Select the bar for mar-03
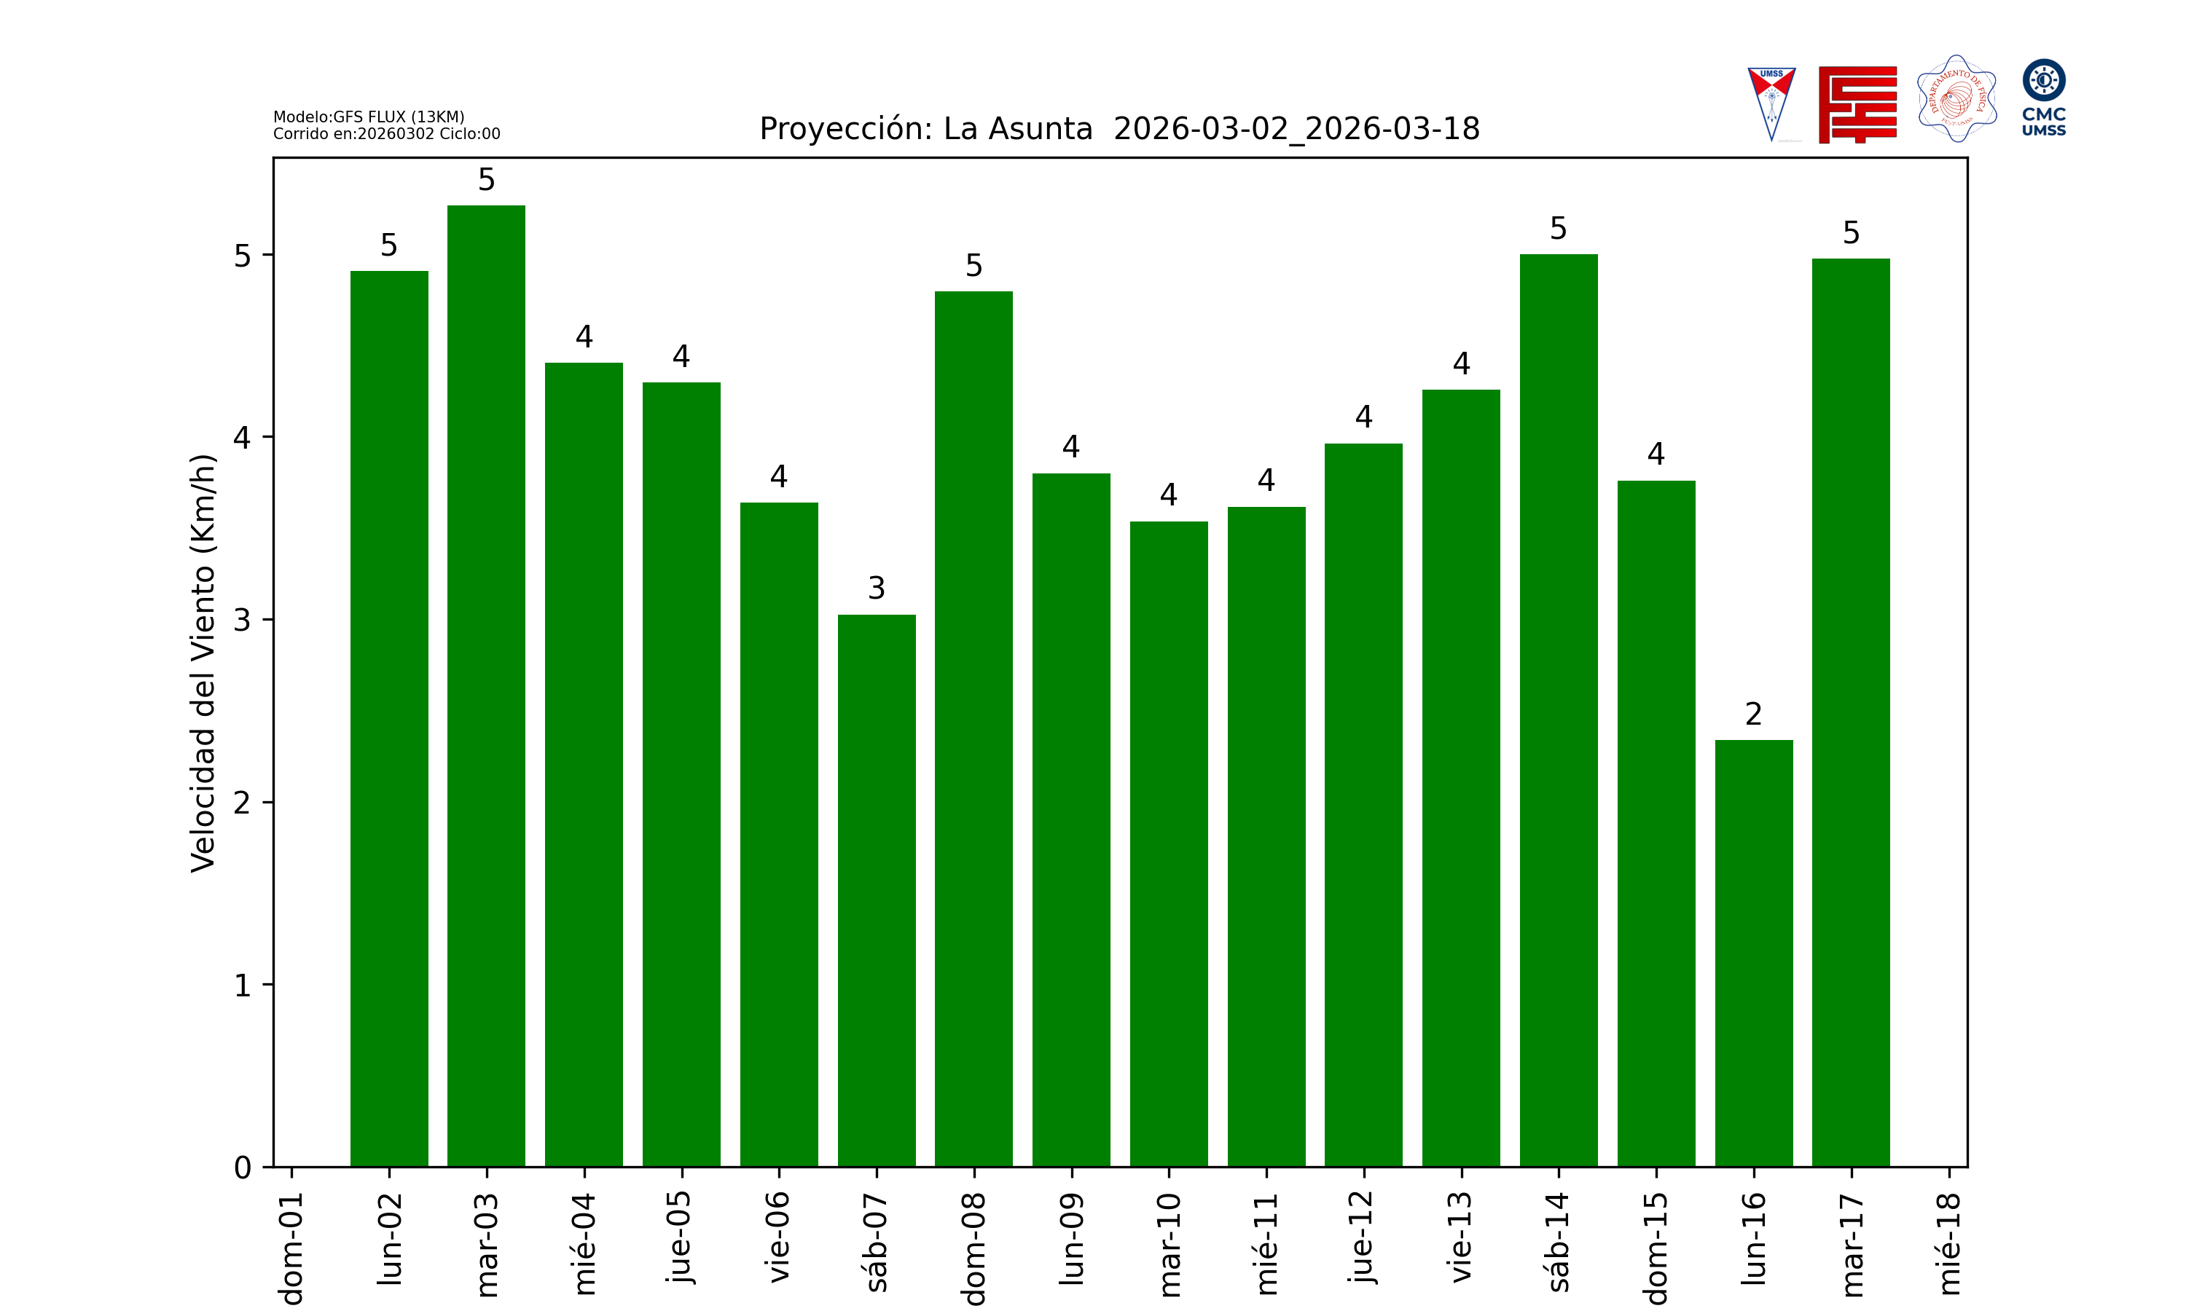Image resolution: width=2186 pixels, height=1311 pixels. pos(486,685)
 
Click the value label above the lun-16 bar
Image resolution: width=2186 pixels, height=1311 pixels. pos(1753,714)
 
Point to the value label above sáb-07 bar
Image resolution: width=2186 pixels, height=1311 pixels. pos(877,588)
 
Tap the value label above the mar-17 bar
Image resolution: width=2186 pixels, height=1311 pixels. pos(1851,233)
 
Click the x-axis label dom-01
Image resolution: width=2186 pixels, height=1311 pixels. pos(291,1248)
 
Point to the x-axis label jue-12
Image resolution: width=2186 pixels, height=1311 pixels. pos(1363,1236)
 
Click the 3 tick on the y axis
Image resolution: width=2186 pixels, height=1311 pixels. pos(243,620)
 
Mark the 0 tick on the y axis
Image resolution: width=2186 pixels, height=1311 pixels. pos(243,1168)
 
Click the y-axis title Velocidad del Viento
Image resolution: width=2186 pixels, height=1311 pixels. pos(203,663)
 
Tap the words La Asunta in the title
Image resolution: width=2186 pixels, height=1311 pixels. pos(1017,129)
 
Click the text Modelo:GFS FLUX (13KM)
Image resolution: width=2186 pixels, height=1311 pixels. pos(369,117)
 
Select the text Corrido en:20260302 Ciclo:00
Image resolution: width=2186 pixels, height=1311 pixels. pos(386,134)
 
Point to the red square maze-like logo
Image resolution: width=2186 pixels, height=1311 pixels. pos(1857,104)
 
